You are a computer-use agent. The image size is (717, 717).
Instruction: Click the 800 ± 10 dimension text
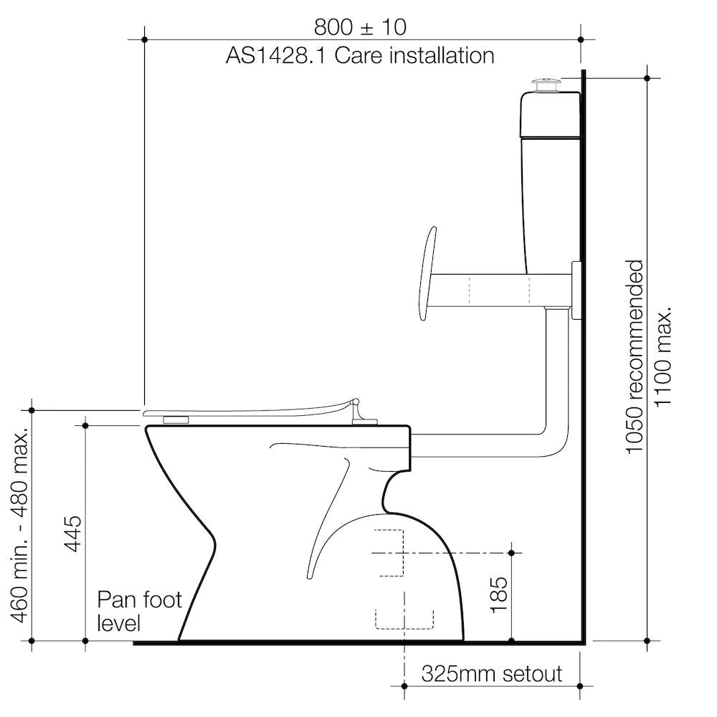pos(360,27)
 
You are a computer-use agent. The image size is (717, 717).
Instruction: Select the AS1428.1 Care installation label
pos(360,55)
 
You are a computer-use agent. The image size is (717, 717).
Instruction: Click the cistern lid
pos(549,113)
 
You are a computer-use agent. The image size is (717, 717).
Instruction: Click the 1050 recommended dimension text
pos(635,356)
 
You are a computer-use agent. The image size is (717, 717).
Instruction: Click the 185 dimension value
pos(500,592)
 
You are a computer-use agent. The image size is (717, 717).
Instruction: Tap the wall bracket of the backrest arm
pos(576,290)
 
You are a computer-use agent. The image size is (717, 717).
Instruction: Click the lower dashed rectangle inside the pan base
pos(404,619)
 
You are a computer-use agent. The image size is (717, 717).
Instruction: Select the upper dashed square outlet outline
pos(389,553)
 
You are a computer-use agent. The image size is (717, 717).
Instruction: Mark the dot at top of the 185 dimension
pos(511,553)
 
